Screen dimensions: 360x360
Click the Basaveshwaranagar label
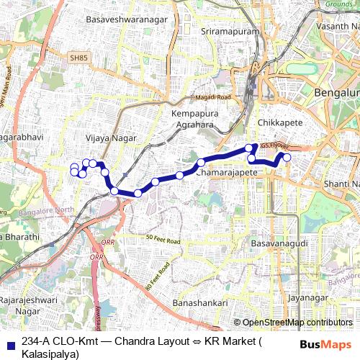pos(115,39)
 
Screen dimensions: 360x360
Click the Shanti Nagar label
pos(341,184)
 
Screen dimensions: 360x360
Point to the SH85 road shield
pos(78,57)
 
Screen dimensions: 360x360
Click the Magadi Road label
pos(213,97)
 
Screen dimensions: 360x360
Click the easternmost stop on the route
pos(287,157)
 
